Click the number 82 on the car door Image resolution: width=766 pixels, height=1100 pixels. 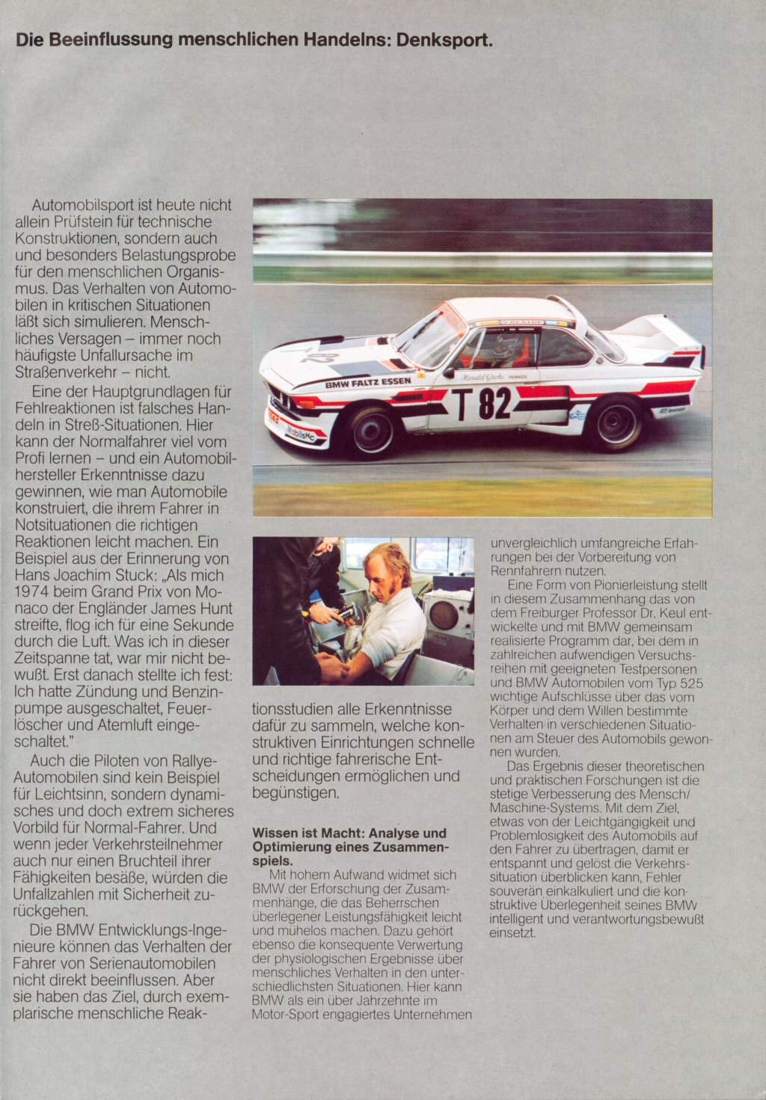tap(494, 404)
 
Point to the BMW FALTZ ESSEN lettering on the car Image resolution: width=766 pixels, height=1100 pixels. tap(367, 382)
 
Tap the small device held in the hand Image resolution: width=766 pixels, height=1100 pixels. tap(346, 614)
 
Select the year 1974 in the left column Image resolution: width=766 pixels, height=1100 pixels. tap(33, 592)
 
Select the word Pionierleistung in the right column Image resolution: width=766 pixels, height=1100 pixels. tap(612, 586)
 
